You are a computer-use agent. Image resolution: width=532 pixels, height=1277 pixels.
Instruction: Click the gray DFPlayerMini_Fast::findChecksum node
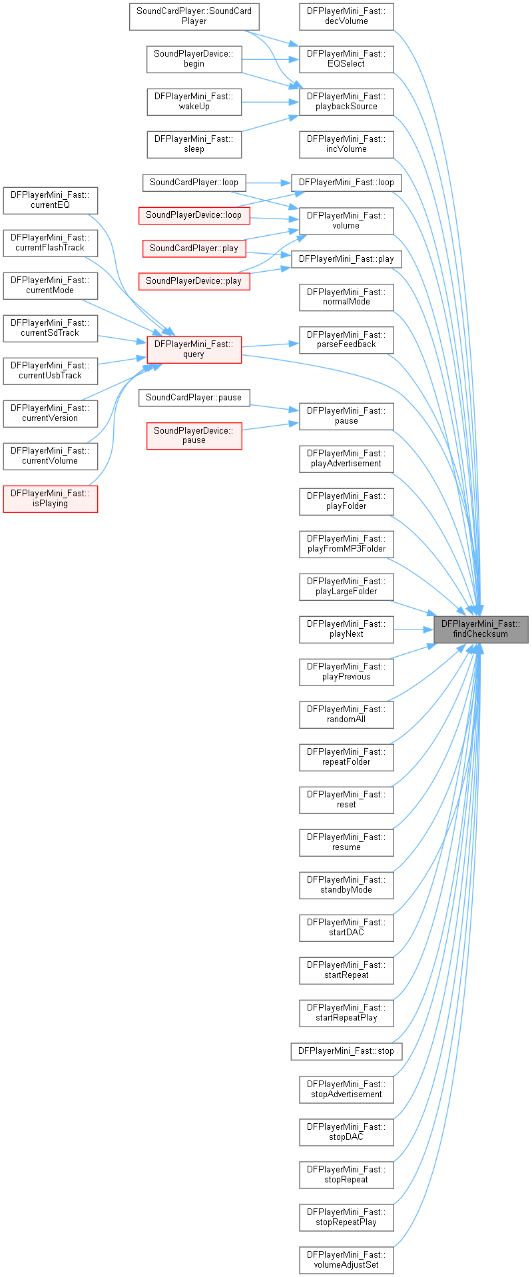(x=481, y=629)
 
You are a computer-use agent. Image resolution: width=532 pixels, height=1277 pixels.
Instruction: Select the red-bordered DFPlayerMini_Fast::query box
(x=194, y=349)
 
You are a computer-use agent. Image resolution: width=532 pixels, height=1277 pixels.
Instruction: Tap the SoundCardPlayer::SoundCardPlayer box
(x=194, y=16)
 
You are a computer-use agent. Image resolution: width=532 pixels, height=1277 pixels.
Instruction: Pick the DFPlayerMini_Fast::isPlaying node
(x=50, y=498)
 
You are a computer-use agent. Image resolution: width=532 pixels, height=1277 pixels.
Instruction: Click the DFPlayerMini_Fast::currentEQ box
(x=50, y=200)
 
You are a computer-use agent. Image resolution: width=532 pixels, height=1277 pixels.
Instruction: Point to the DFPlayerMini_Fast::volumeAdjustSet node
(x=346, y=1260)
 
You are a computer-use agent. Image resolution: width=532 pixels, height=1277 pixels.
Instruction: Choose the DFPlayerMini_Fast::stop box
(x=346, y=1051)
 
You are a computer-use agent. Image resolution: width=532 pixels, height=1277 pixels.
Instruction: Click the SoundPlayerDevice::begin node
(x=194, y=59)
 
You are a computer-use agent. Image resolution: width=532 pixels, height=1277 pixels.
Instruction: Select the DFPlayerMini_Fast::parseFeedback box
(x=346, y=340)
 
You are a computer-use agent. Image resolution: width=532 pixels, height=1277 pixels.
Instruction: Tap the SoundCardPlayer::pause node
(x=194, y=398)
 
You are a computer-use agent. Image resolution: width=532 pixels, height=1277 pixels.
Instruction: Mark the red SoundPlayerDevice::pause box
(x=194, y=436)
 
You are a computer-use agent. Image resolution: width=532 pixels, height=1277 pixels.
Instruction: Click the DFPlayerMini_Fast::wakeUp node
(x=194, y=101)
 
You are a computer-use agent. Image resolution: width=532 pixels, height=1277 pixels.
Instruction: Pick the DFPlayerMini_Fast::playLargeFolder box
(x=346, y=586)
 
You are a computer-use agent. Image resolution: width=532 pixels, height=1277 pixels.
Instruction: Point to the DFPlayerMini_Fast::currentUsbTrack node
(x=50, y=370)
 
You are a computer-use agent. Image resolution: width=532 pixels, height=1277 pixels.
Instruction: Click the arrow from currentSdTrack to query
(x=123, y=339)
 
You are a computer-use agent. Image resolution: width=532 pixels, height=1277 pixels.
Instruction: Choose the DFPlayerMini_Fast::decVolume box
(x=346, y=16)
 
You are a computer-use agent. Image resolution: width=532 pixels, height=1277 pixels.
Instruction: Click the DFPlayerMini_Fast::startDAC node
(x=346, y=927)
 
